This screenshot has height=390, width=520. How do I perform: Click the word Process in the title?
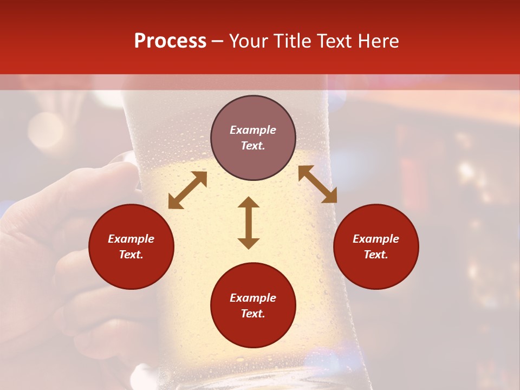[x=170, y=41]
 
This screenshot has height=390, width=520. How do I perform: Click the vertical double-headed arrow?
[x=249, y=223]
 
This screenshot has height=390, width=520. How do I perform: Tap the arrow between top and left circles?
[x=187, y=190]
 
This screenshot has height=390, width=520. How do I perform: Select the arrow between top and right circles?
[x=317, y=184]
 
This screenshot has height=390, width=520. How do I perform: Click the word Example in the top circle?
[x=253, y=130]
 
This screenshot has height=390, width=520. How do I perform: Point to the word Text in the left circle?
[x=131, y=255]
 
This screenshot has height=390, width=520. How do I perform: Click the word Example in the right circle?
[x=376, y=239]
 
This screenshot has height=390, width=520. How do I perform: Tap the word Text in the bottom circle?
[x=253, y=314]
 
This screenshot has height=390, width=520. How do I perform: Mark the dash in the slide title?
[x=218, y=42]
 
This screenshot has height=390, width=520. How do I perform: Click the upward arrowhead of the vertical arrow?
[x=249, y=202]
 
